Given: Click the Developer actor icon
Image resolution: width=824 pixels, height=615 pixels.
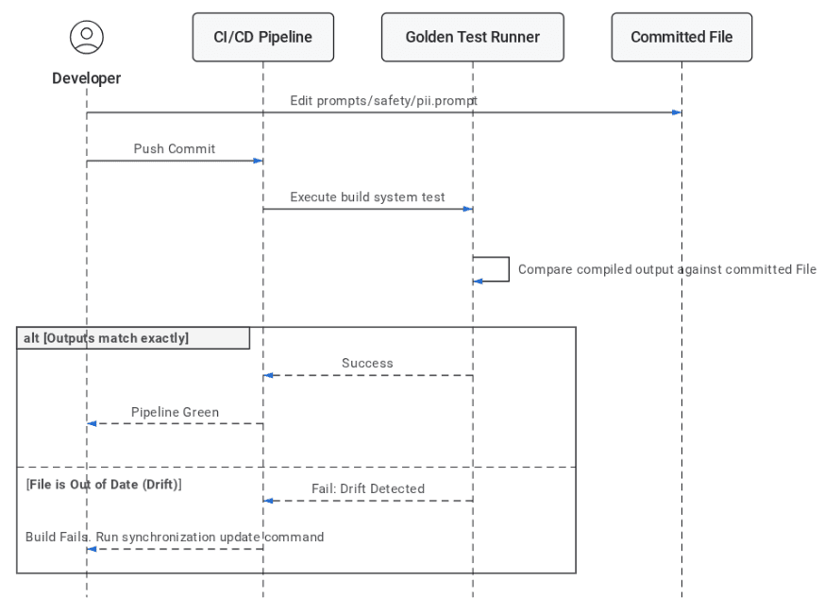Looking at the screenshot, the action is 87,38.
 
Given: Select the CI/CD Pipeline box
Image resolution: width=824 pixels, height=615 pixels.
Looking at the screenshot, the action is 263,38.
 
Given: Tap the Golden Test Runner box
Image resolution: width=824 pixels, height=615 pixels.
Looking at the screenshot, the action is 473,38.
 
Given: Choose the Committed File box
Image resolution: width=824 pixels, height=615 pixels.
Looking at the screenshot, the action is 681,38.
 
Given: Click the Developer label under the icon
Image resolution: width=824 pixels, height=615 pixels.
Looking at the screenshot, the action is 87,78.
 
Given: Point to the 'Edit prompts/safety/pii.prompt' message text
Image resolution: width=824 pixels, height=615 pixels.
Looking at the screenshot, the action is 383,100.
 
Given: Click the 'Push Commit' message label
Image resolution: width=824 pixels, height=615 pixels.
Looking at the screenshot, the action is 175,149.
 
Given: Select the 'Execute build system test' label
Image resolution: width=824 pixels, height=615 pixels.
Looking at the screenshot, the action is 367,197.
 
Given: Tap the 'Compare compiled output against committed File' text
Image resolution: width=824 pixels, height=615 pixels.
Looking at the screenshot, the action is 667,269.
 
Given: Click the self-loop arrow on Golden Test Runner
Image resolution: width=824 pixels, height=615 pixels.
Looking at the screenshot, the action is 509,269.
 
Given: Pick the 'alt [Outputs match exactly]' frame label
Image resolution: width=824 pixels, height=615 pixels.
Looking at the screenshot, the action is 106,338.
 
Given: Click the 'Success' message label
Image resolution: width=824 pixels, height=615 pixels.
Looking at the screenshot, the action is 367,363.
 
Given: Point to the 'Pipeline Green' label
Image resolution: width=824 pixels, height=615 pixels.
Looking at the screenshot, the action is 175,412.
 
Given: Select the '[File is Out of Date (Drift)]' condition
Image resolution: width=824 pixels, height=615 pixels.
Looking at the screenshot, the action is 104,484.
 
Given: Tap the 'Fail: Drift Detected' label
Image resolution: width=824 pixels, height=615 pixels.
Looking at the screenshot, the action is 368,488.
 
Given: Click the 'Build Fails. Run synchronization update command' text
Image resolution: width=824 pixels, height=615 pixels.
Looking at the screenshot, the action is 175,537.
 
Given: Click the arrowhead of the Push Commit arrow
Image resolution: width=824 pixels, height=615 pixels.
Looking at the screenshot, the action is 258,161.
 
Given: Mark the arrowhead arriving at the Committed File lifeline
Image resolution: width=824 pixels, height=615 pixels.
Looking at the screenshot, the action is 677,112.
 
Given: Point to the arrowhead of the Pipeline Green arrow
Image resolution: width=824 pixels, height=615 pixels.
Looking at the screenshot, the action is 92,423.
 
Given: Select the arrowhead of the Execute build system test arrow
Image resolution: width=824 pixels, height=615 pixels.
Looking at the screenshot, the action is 468,209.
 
